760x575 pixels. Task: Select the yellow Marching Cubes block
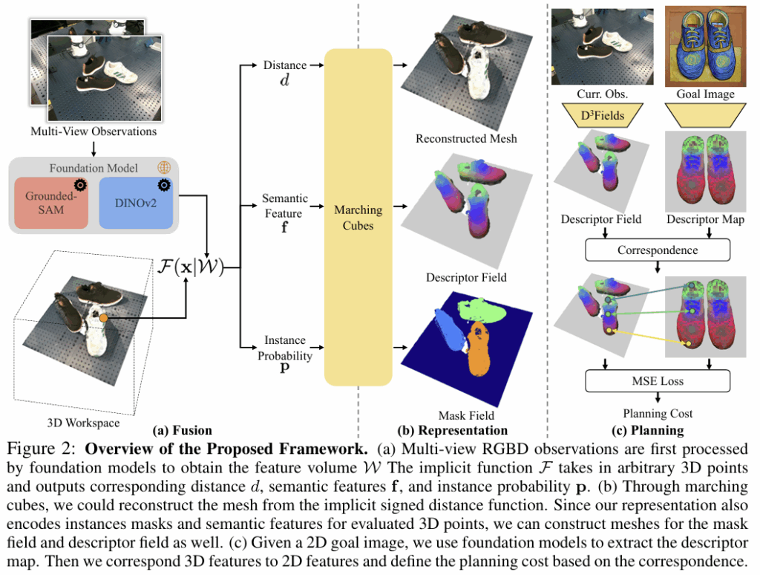tap(358, 215)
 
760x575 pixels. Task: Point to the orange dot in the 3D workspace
tap(104, 318)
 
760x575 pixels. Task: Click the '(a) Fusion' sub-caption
tap(182, 429)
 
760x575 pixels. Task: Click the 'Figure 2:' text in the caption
tap(39, 449)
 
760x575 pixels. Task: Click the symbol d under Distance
tap(284, 81)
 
